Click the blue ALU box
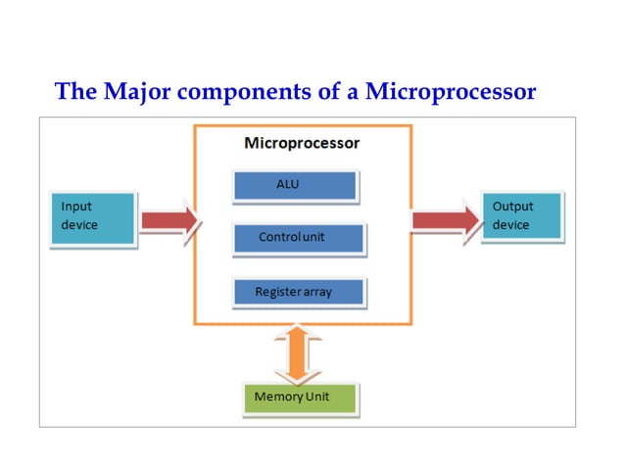pos(295,186)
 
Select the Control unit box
pos(299,238)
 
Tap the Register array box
pos(299,292)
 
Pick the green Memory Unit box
pos(300,398)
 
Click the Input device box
pos(91,216)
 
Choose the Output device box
pos(523,216)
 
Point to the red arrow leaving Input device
pos(169,220)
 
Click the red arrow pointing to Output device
pos(446,220)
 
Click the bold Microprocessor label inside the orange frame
pos(301,143)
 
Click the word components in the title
pos(246,93)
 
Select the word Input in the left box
pos(76,207)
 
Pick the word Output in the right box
pos(512,207)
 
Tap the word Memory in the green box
pos(278,398)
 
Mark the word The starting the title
pos(74,93)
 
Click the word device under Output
pos(510,225)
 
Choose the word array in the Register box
pos(322,292)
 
